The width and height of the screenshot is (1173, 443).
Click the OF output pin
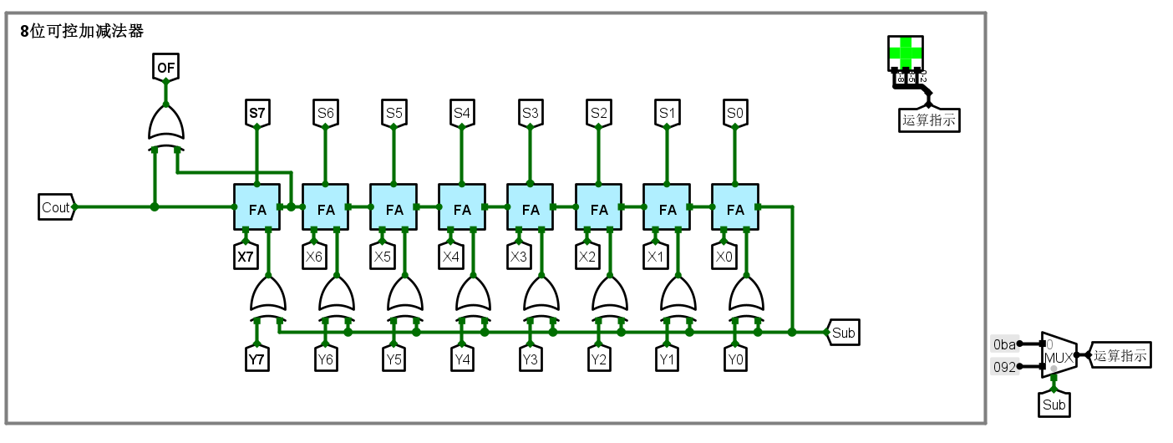pos(165,66)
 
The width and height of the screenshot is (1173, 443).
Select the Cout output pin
pos(56,207)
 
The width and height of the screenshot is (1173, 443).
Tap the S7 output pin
pos(256,112)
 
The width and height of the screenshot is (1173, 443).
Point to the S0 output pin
pos(735,112)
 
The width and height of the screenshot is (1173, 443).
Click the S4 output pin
pos(462,112)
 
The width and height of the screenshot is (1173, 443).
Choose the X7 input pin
pos(246,257)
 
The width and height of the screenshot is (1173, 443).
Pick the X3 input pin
pos(519,257)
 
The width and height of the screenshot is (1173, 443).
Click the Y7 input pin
pos(256,360)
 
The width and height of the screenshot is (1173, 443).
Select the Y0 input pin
pos(735,360)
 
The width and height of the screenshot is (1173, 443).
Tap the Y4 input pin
pos(462,360)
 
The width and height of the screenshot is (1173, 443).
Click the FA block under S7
pos(256,207)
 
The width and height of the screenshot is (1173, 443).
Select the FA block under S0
pos(735,207)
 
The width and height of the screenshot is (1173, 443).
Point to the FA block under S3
pos(531,207)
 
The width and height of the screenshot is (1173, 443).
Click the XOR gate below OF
pos(165,125)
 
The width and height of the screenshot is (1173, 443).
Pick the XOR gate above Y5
pos(405,297)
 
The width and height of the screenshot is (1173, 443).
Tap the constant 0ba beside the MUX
pos(1004,344)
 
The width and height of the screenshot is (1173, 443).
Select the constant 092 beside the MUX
pos(1004,366)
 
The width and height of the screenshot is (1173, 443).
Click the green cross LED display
pos(906,53)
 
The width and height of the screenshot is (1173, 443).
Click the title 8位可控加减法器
pos(82,32)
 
